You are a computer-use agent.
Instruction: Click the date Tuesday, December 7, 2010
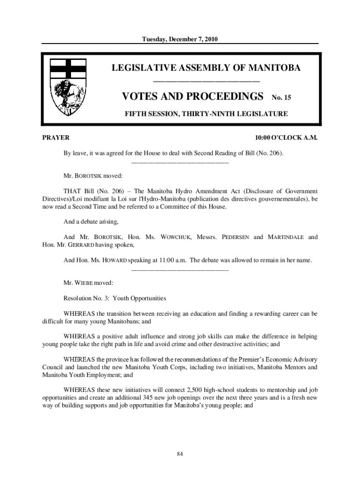pos(180,39)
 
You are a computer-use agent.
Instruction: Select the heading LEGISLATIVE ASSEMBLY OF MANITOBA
pos(206,68)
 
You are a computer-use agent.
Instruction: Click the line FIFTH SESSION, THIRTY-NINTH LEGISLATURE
pos(206,114)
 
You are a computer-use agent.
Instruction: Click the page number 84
pos(180,454)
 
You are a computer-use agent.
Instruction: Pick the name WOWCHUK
pos(176,237)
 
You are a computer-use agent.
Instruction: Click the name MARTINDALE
pos(286,237)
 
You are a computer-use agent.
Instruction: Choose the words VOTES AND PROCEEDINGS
pos(192,97)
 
